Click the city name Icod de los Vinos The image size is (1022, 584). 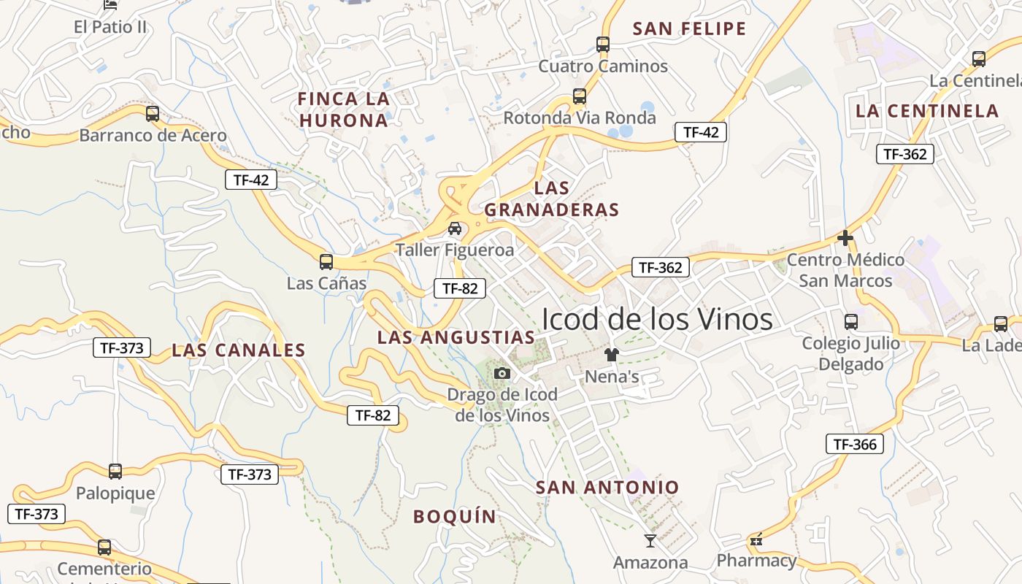coord(656,319)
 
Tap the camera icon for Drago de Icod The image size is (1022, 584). coord(502,374)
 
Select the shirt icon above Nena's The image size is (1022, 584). coord(612,356)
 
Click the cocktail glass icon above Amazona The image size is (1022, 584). coord(650,541)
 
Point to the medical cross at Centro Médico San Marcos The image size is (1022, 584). coord(845,238)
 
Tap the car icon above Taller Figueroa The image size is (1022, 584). coord(455,228)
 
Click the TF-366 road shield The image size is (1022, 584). coord(854,444)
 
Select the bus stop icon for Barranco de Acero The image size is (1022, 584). coord(152,114)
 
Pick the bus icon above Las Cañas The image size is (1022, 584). coord(326,262)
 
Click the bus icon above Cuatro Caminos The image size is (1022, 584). coord(603,45)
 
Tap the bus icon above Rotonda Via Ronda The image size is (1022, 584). coord(580,96)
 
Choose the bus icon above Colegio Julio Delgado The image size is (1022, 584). coord(850,322)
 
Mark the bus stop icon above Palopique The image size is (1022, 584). coord(115,472)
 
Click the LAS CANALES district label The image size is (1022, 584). coord(239,350)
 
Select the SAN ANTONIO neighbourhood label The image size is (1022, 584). coord(607,488)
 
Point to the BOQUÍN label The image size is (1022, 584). coord(455,517)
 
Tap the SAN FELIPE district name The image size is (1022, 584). coord(689,29)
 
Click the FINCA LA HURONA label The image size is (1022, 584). coord(343,109)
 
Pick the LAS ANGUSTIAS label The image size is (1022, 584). coord(456,337)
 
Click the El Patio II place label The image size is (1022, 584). coord(110,28)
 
